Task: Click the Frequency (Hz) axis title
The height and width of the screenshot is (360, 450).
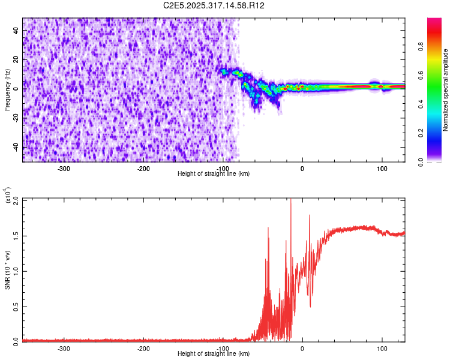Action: (x=7, y=89)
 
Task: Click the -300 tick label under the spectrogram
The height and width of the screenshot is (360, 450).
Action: (x=64, y=168)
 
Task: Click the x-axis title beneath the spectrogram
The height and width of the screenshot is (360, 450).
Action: (x=214, y=173)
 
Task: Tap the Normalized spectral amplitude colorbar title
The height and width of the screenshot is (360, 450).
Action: (x=446, y=90)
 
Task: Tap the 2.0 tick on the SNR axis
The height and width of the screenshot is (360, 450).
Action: (x=16, y=200)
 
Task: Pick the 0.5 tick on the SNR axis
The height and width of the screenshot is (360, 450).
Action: (x=16, y=305)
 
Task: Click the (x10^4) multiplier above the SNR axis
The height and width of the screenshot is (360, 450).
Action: (x=7, y=196)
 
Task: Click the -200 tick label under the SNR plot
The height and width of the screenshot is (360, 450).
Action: (x=143, y=348)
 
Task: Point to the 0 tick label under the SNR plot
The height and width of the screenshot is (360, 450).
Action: (x=302, y=348)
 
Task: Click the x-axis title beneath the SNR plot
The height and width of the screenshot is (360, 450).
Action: (x=214, y=353)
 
